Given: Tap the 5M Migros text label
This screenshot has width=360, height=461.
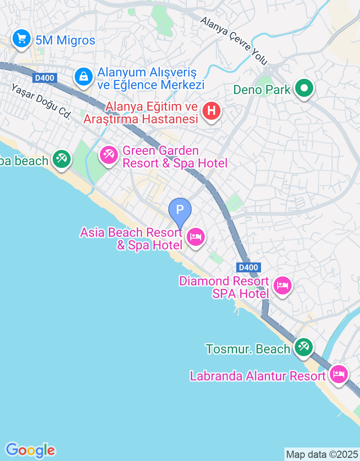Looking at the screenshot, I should (x=65, y=41).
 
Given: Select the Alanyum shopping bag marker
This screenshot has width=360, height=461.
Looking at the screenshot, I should (x=84, y=77).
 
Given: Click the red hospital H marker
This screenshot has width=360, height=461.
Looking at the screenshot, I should (x=211, y=110).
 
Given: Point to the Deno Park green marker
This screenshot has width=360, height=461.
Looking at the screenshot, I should (x=304, y=88).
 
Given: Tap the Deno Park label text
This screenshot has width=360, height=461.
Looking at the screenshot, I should (x=262, y=90).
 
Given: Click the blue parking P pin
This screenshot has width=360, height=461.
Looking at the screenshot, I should (x=180, y=210).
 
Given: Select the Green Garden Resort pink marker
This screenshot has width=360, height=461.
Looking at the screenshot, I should (x=108, y=155).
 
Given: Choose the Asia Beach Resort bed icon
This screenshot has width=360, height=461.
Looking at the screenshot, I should (x=195, y=236).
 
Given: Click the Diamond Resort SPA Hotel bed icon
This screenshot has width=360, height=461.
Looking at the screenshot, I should (x=283, y=285).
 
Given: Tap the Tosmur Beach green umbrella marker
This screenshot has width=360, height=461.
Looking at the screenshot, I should (x=304, y=347).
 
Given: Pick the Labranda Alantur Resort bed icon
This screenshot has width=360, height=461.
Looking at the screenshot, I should (x=338, y=374).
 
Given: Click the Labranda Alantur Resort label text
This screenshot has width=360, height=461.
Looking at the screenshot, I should (x=257, y=376).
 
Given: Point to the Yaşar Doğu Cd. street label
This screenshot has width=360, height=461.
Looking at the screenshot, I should (x=41, y=102).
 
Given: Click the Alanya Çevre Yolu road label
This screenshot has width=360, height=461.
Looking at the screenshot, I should (x=234, y=41).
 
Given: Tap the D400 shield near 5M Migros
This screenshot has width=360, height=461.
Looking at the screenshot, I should (x=45, y=78).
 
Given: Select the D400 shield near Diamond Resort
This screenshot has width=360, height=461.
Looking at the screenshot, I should (x=248, y=267).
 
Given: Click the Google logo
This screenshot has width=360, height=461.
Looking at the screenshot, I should (x=30, y=450).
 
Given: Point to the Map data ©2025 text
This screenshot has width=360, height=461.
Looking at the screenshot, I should (x=322, y=454).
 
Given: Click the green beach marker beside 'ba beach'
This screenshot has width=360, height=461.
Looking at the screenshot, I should (x=61, y=158).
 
